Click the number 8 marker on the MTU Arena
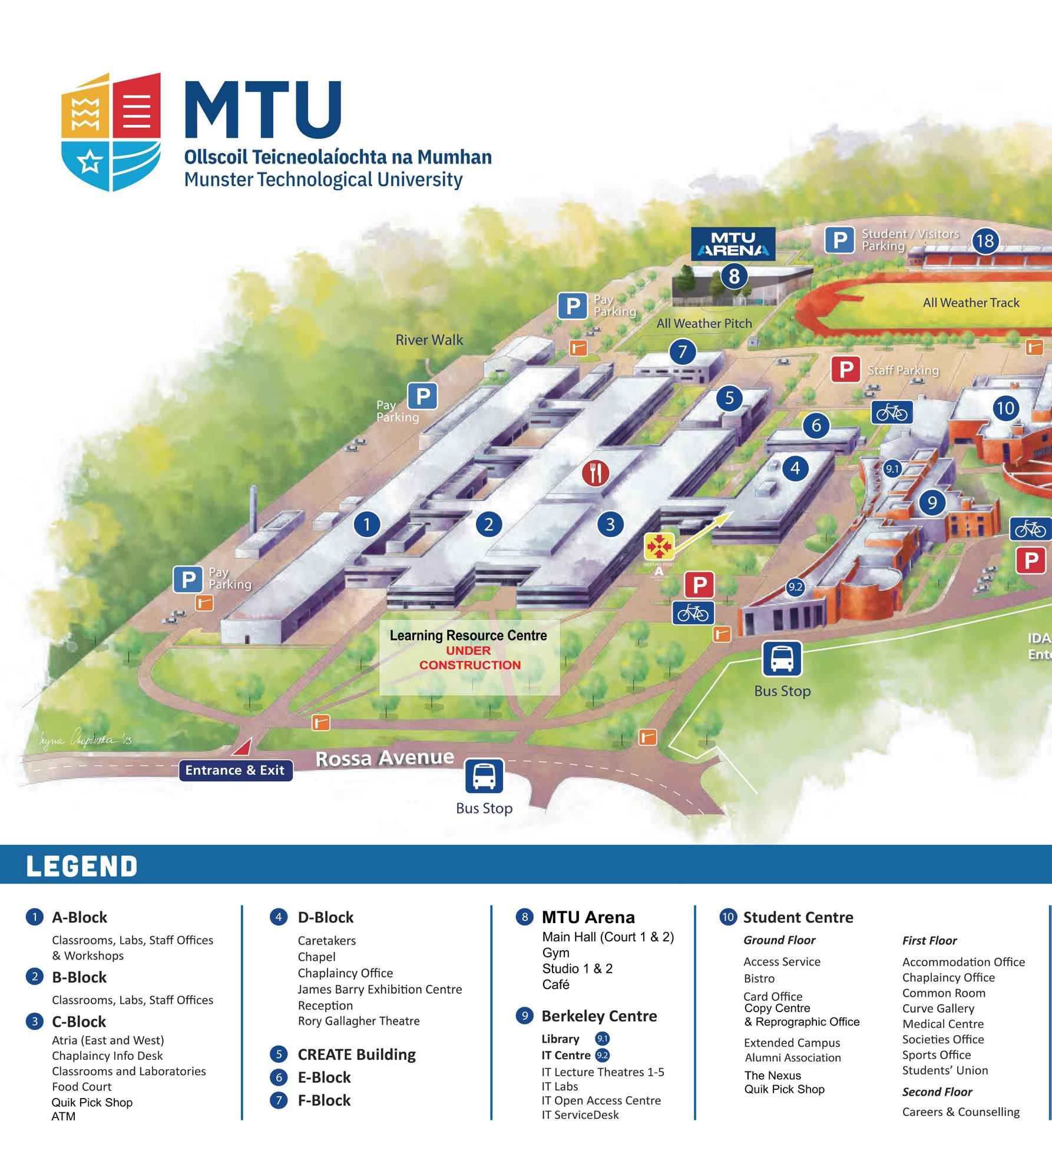(734, 276)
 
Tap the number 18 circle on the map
(985, 241)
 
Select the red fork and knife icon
(596, 472)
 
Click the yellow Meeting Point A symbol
(659, 546)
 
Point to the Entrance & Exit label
(235, 770)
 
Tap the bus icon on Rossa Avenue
(484, 777)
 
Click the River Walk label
(429, 340)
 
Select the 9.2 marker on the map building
(795, 587)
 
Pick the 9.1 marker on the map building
(892, 469)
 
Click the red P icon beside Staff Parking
(846, 370)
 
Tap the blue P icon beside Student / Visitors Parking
(839, 240)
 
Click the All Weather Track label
(971, 303)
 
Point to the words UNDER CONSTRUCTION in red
(470, 658)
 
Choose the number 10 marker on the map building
(1005, 408)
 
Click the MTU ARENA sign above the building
(733, 244)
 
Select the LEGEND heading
(82, 866)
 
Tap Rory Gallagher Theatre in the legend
(359, 1022)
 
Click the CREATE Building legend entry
(356, 1054)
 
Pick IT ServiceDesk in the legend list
(580, 1115)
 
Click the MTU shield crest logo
(111, 132)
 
